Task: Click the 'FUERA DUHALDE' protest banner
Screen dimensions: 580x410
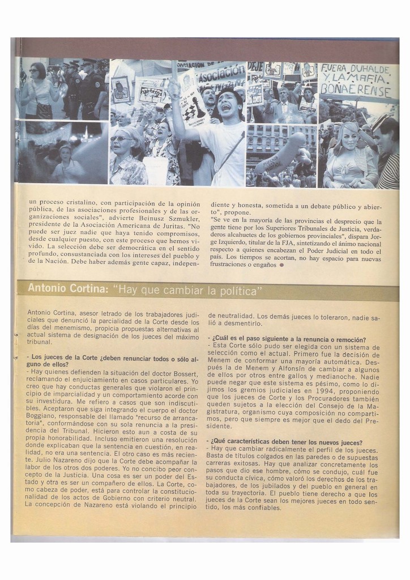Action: pyautogui.click(x=356, y=80)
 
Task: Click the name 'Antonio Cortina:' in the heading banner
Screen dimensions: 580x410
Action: pyautogui.click(x=67, y=289)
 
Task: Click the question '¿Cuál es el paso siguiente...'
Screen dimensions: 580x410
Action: pyautogui.click(x=288, y=339)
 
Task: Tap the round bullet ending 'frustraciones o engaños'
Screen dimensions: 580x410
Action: pyautogui.click(x=281, y=265)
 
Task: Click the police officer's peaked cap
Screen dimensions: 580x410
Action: pyautogui.click(x=89, y=61)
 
